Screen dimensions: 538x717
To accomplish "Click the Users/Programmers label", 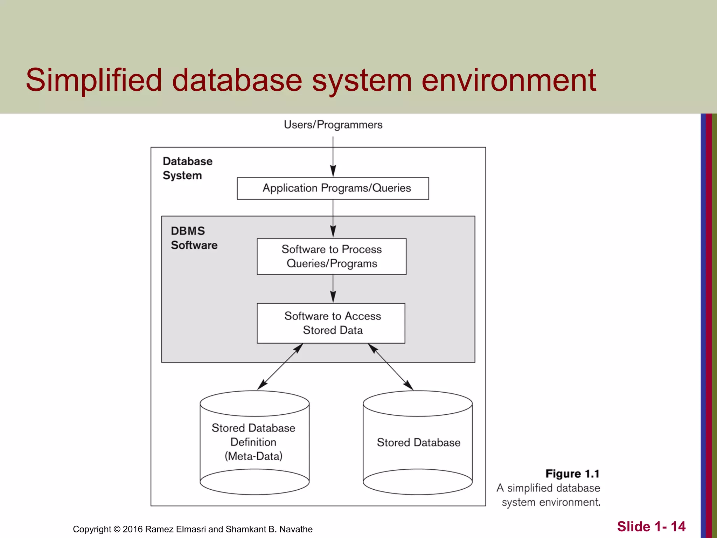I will coord(333,125).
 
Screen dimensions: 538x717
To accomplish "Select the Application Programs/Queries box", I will coord(333,188).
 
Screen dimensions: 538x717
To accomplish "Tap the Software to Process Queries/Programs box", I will coord(331,256).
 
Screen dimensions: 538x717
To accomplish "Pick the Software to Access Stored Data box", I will coord(331,323).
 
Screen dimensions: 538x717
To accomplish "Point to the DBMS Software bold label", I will coord(194,238).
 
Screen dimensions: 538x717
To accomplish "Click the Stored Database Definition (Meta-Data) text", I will coord(253,442).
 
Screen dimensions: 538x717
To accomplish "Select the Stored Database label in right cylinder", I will coord(418,442).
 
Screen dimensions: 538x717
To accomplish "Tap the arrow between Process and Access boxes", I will coord(333,289).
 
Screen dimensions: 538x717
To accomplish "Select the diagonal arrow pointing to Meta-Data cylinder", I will coord(280,366).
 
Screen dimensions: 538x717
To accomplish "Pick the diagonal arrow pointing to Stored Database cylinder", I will coord(391,367).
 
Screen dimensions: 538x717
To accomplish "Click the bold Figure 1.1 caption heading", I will coord(572,474).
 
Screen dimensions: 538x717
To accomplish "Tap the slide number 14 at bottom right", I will coord(678,526).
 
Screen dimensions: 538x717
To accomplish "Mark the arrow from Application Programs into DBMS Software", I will coord(333,219).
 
